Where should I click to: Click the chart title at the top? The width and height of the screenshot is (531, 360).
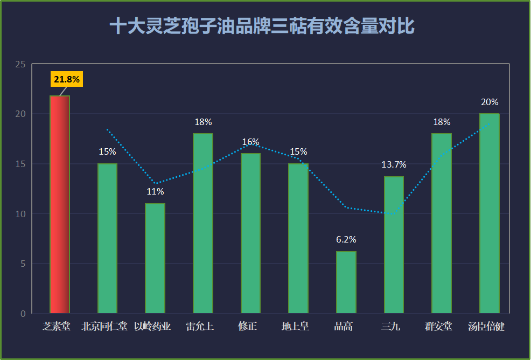pos(262,26)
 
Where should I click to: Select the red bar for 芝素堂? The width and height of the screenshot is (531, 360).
pos(60,204)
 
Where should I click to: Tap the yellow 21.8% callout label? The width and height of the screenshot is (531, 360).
pos(67,79)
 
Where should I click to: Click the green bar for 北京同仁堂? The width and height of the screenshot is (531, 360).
pos(107,238)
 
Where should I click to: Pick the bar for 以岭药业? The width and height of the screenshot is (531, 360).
pos(155,258)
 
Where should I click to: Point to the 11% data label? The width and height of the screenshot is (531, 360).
pos(155,192)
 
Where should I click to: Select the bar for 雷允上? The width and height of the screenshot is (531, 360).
pos(203,224)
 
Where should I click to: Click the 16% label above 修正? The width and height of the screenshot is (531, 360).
pos(250,142)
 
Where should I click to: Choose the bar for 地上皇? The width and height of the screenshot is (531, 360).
pos(298,238)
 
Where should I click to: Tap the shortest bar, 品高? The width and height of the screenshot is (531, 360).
pos(346,282)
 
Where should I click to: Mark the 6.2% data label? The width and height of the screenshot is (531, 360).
pos(346,240)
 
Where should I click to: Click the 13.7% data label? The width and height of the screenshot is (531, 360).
pos(394,165)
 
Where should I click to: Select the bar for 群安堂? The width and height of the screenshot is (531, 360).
pos(442,224)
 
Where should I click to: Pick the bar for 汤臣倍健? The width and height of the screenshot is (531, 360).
pos(490,213)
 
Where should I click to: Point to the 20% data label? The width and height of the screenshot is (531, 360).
pos(490,102)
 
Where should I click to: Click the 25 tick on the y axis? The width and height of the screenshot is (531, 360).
pos(20,64)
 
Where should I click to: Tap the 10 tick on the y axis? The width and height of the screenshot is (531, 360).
pos(20,214)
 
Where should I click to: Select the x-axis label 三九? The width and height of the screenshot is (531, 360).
pos(391,327)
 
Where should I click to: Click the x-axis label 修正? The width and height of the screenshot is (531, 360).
pos(248,327)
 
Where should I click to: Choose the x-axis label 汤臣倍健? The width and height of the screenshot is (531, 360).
pos(486,327)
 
